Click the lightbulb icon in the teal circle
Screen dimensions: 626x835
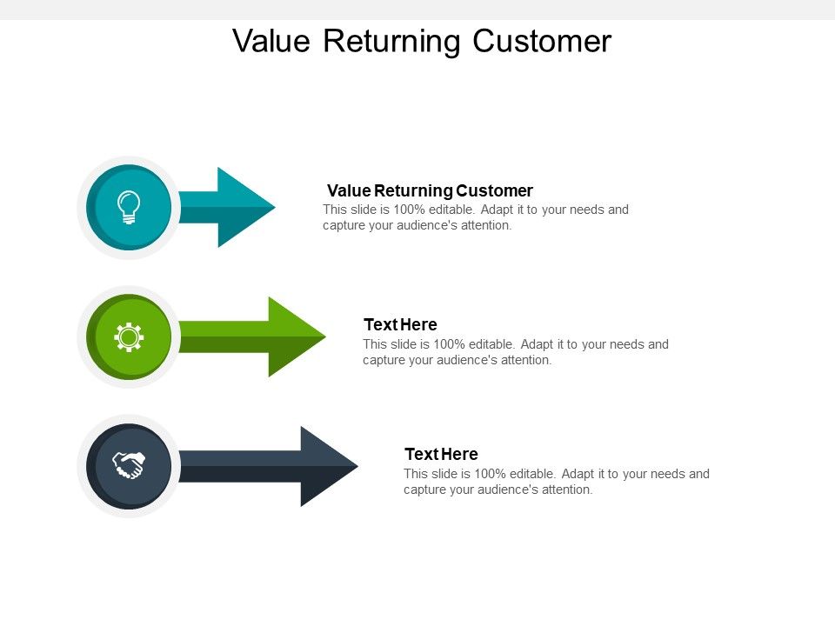pos(129,207)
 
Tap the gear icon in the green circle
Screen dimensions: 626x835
pos(129,336)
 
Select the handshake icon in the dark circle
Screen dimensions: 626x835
pos(129,466)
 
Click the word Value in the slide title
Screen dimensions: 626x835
pos(273,41)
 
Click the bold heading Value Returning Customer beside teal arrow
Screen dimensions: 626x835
pos(430,190)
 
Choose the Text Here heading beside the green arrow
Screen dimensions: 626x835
pos(400,324)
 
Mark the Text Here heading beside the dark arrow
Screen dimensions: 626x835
pos(441,454)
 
